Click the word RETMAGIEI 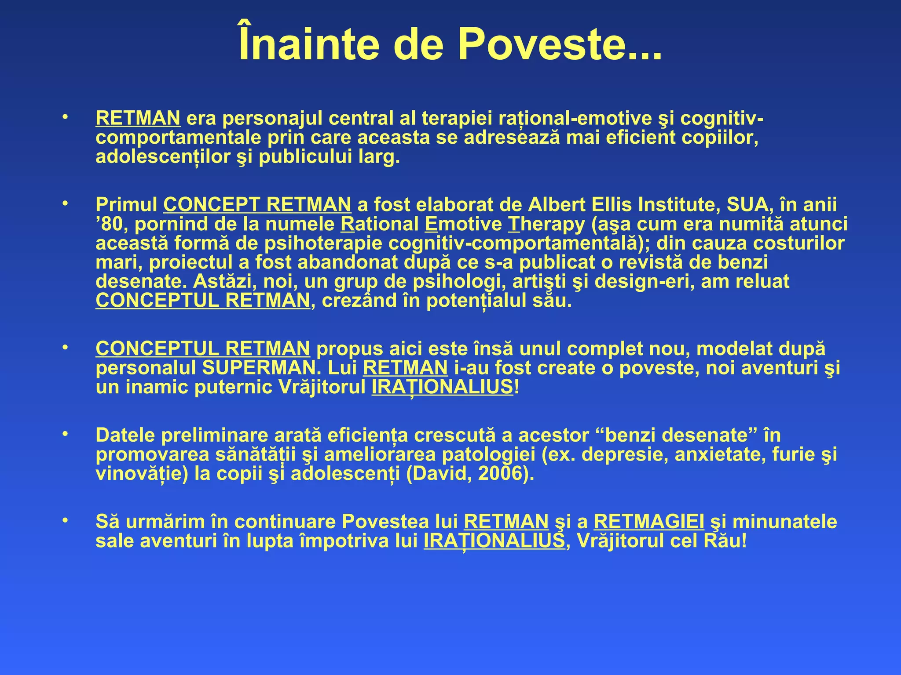[649, 522]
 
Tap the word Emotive [463, 224]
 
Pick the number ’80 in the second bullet [112, 224]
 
